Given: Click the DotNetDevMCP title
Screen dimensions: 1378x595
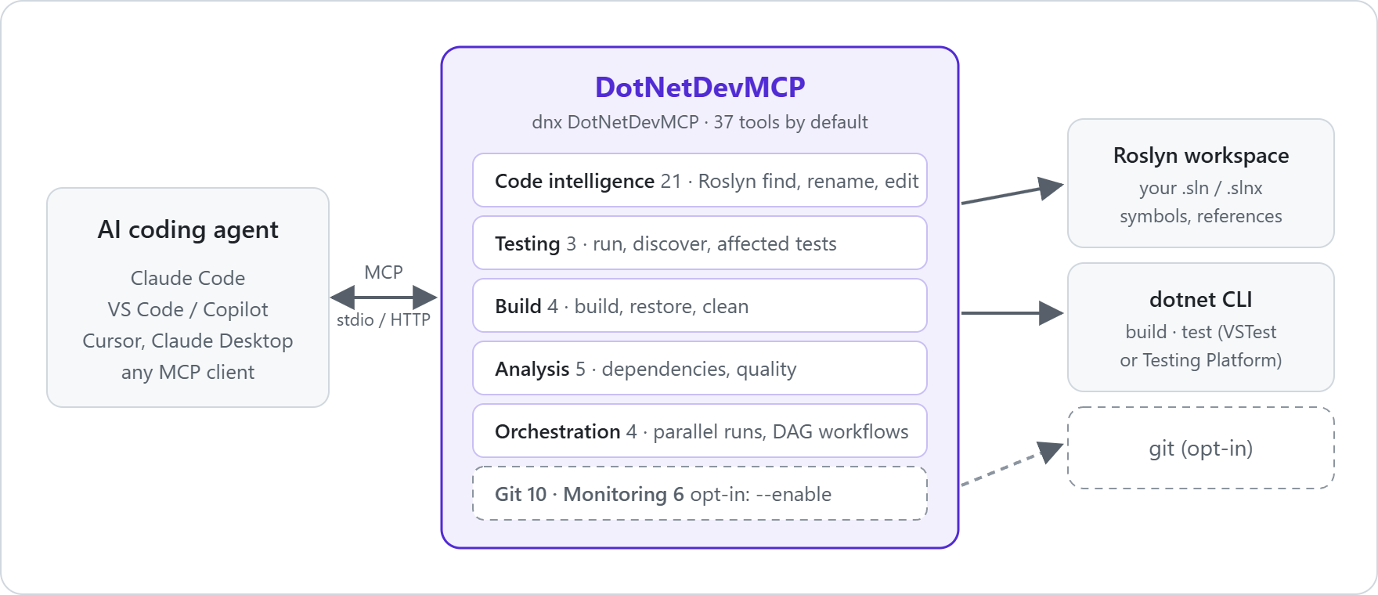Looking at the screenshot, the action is click(x=700, y=87).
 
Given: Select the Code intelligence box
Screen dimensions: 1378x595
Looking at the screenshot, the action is click(x=700, y=180).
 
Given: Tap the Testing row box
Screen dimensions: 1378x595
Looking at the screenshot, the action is click(x=700, y=243).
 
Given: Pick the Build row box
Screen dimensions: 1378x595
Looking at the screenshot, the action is click(x=700, y=305).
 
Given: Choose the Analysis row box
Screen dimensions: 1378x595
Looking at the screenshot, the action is click(x=700, y=368).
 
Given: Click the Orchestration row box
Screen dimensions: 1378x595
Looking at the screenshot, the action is click(x=700, y=431).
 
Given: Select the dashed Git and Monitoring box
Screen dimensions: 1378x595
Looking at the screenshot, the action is click(x=700, y=493).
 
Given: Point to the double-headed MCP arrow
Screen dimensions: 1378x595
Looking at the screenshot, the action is click(x=384, y=297).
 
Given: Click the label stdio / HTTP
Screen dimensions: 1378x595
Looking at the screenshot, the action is click(x=384, y=319).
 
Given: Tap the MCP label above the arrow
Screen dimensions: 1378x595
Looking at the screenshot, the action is click(x=384, y=272).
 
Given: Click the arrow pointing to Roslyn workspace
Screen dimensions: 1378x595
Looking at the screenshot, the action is click(x=1012, y=193).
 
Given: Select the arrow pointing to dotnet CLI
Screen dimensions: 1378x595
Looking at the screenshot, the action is click(x=1012, y=313).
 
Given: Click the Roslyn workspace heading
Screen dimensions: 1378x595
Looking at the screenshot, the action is click(x=1201, y=156).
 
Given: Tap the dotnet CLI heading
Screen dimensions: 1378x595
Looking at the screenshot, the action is click(x=1201, y=300).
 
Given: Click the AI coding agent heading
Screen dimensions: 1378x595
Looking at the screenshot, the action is click(x=188, y=230).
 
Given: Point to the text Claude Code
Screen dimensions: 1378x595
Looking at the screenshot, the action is click(x=188, y=278).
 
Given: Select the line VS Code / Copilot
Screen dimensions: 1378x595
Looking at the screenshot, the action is click(x=188, y=309).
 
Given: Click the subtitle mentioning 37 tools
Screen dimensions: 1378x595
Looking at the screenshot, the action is click(x=700, y=122).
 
